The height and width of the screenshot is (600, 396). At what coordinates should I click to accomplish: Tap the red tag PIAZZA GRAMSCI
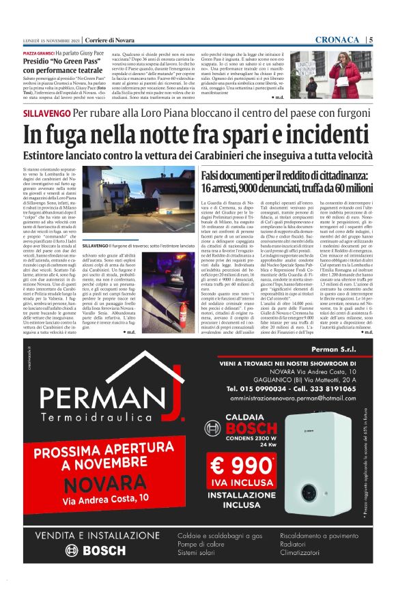coord(38,52)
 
